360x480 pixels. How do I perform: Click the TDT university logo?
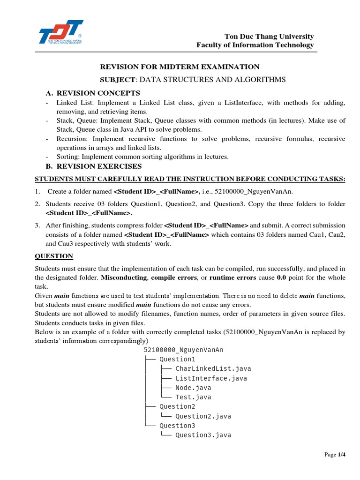60,35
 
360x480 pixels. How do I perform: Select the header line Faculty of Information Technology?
255,45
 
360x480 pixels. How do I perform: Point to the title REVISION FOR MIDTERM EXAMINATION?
180,67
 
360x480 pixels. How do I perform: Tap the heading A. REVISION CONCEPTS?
93,93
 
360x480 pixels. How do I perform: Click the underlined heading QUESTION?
54,256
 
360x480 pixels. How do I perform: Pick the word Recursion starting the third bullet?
73,139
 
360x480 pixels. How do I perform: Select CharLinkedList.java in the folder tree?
206,368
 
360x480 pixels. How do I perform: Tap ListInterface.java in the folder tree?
211,378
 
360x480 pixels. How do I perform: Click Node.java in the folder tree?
193,388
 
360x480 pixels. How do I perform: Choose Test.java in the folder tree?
193,397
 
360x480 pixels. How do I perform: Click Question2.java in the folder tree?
203,416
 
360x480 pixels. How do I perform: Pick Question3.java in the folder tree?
203,435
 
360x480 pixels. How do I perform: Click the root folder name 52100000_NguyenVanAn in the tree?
183,350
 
